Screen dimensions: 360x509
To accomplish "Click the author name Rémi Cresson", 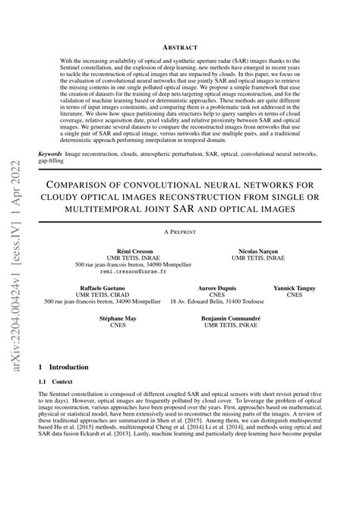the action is point(134,250).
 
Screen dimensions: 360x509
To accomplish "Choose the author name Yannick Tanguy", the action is point(298,289).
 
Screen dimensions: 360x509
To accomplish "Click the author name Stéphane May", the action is point(118,319).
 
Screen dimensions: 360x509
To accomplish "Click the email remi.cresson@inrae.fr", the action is point(134,270).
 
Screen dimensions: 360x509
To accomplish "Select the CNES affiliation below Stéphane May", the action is point(118,326).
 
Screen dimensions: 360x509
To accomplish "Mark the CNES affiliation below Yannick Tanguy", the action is point(298,296).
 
